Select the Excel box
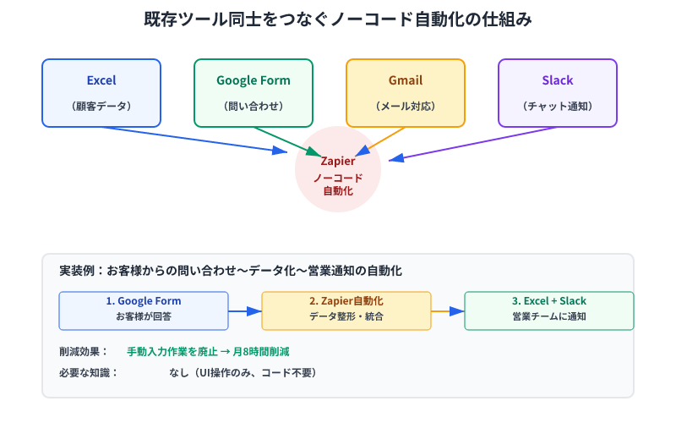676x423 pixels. (101, 92)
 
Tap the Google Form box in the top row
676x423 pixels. (253, 92)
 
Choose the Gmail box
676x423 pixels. (406, 92)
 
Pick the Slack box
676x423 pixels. (558, 92)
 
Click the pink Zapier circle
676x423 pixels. (338, 170)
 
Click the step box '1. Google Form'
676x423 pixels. (144, 310)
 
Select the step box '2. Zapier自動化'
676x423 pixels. (346, 310)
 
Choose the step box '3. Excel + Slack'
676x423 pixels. (549, 310)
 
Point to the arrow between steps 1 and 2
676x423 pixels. (244, 311)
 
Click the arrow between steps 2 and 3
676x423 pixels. (447, 311)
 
